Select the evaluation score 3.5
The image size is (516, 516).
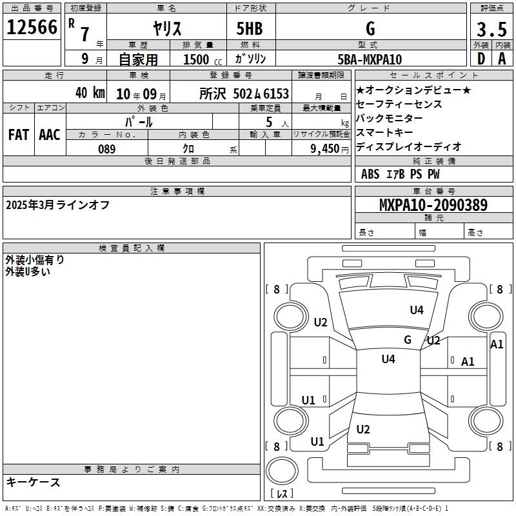[x=491, y=30]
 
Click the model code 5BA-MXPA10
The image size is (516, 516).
[x=370, y=59]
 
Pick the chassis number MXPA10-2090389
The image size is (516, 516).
[x=433, y=205]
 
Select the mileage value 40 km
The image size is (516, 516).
[x=90, y=93]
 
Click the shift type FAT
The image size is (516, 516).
[x=19, y=134]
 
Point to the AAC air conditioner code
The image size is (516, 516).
[x=50, y=134]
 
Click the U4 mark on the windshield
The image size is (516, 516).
[x=417, y=310]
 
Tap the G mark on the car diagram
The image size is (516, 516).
[x=408, y=339]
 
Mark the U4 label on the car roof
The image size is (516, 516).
[x=388, y=359]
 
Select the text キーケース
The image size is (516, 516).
[x=33, y=482]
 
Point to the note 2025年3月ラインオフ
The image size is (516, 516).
[x=57, y=205]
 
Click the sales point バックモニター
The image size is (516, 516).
[x=390, y=118]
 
